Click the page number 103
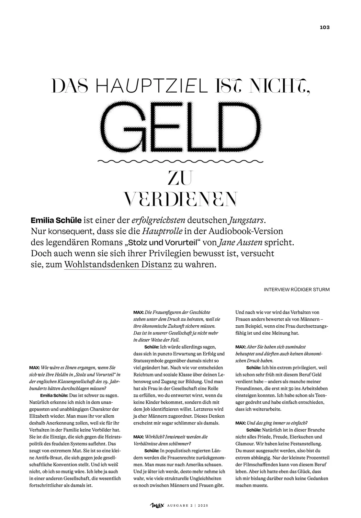[324, 28]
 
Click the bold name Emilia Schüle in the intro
[56, 220]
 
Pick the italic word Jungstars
[247, 220]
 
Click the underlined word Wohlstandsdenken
[102, 264]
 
